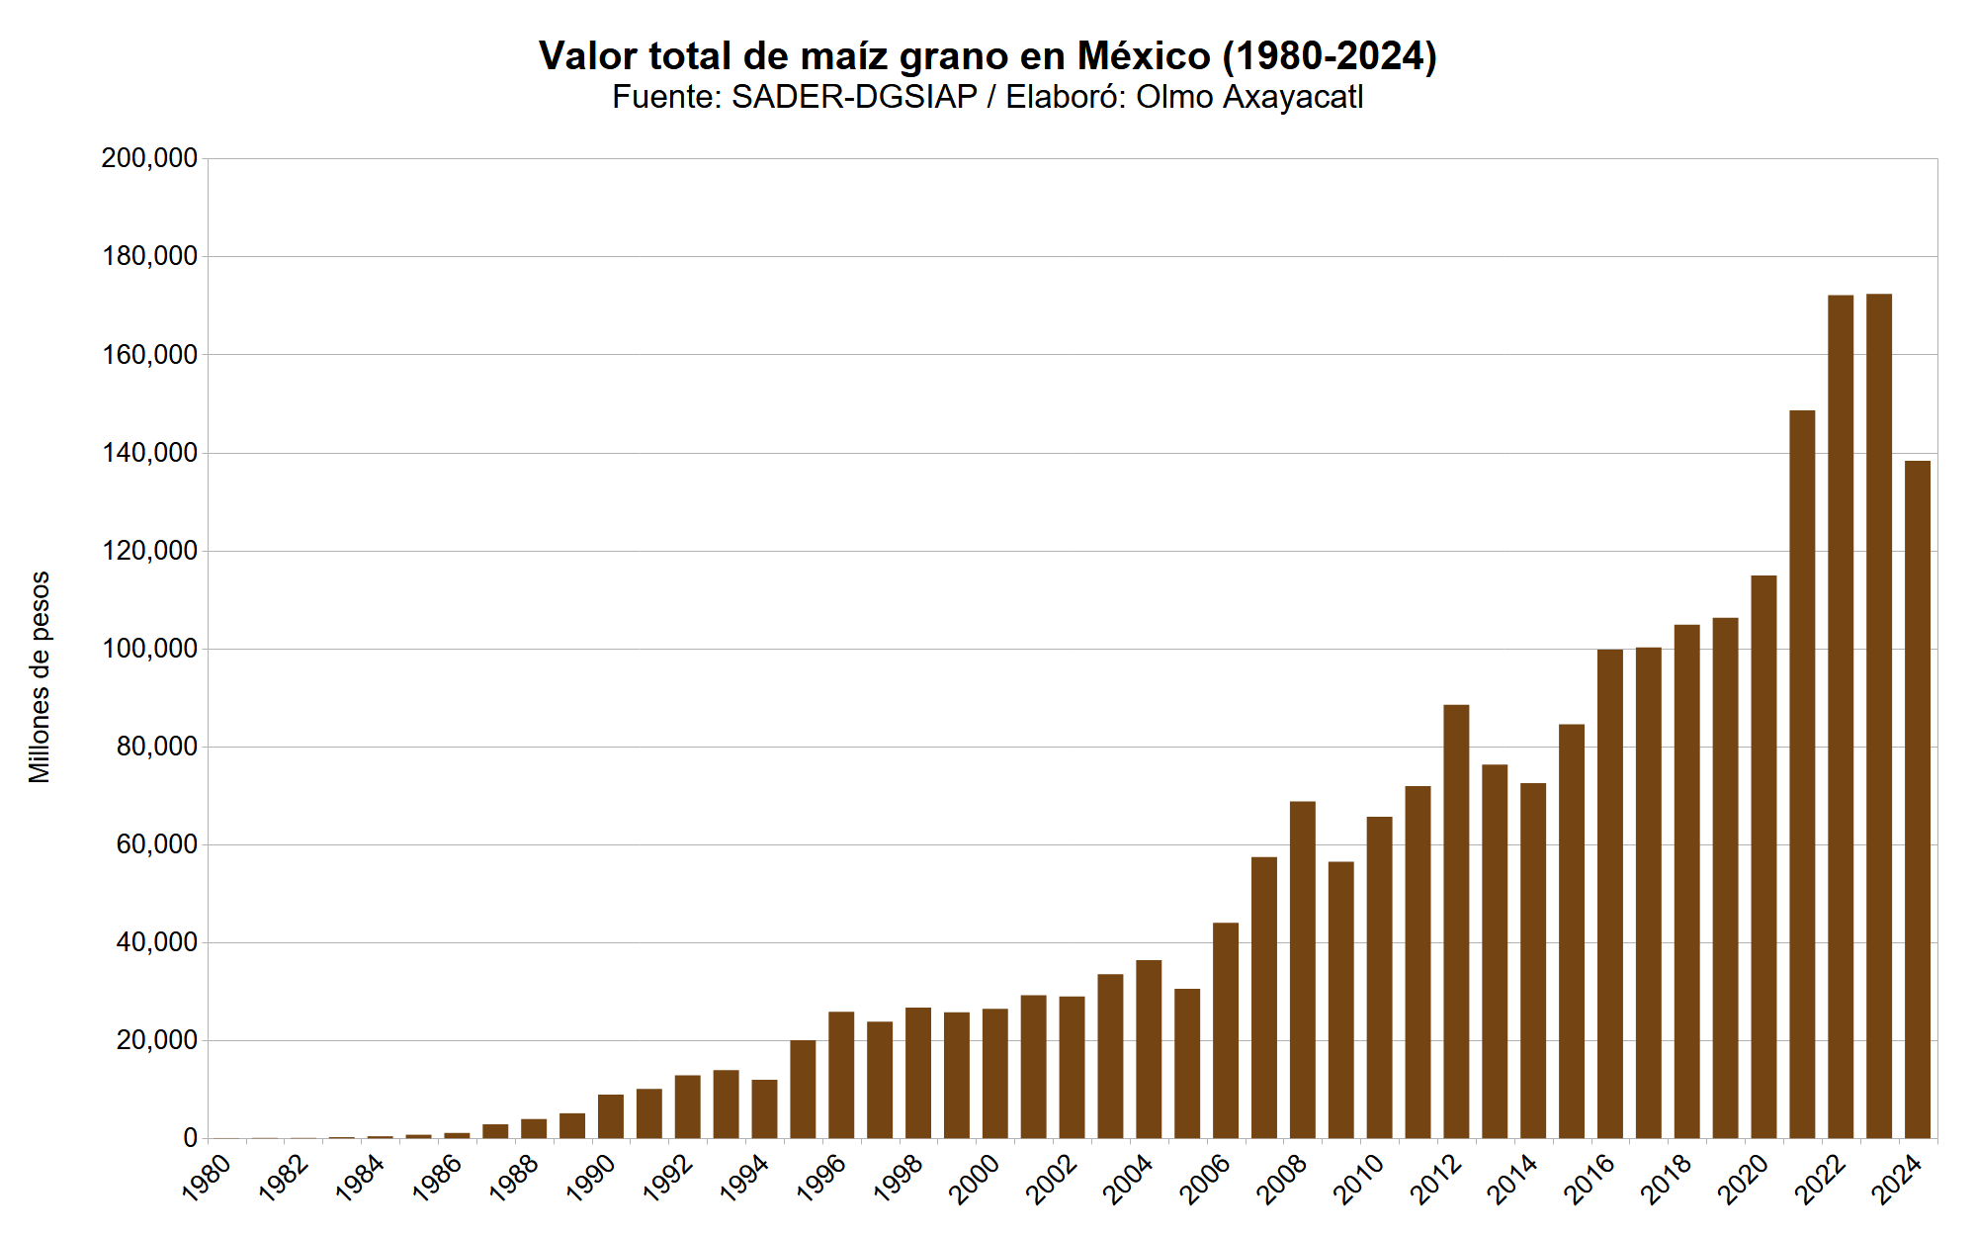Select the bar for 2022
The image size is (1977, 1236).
tap(1841, 717)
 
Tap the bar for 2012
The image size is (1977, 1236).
tap(1456, 922)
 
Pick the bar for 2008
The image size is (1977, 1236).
tap(1303, 970)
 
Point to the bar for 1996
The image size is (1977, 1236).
tap(841, 1075)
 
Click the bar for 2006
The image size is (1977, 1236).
tap(1226, 1030)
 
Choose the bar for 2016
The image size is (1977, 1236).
tap(1609, 894)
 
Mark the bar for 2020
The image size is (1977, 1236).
tap(1763, 856)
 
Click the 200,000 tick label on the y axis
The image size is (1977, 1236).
tap(149, 158)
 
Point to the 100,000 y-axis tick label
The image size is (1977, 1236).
tap(149, 649)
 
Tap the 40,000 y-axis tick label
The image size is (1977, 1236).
tap(156, 942)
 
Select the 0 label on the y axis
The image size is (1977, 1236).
tap(190, 1138)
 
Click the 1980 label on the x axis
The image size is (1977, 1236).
tap(207, 1178)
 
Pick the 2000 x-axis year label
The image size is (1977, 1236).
tap(975, 1178)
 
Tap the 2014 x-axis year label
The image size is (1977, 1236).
tap(1512, 1178)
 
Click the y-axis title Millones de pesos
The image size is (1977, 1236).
tap(40, 677)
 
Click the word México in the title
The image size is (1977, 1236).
tap(1144, 56)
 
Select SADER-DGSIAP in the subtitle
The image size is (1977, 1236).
tap(854, 97)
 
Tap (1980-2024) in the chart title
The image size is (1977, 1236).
tap(1330, 56)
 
